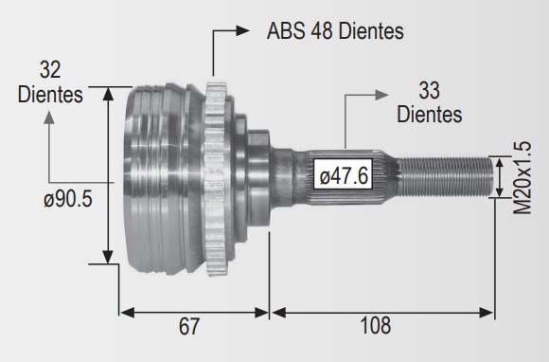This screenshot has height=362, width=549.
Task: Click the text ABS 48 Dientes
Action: point(335,31)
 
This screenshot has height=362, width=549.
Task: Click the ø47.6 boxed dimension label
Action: point(343,175)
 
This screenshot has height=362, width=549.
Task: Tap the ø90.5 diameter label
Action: point(68,199)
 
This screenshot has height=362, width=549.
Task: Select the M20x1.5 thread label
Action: point(522,177)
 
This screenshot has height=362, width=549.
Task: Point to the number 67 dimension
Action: point(188,326)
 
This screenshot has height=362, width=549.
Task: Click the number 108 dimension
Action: point(376,326)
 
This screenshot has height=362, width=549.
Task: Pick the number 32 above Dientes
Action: point(50,69)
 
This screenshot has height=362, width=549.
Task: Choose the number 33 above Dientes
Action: point(429,90)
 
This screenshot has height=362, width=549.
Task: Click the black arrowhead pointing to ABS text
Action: point(242,31)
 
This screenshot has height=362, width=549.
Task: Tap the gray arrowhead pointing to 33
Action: point(382,95)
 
